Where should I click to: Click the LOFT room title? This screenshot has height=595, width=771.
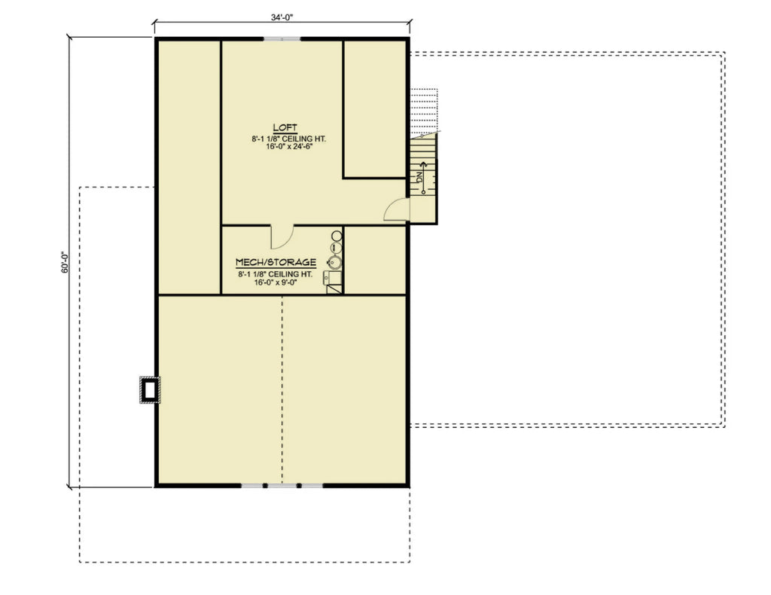click(282, 129)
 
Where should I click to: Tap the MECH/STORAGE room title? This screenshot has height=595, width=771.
click(276, 262)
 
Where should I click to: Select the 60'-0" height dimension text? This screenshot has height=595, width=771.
click(66, 261)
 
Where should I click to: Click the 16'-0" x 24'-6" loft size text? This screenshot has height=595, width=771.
click(282, 148)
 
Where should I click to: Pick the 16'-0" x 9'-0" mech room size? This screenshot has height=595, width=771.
click(276, 284)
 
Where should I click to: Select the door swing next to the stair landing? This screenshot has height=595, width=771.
click(395, 210)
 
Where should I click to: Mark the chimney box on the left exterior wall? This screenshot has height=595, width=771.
click(150, 389)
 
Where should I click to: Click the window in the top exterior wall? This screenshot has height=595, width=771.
click(282, 38)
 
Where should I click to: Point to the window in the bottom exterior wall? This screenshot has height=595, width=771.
click(282, 486)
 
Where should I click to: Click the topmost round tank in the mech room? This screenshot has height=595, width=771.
click(337, 236)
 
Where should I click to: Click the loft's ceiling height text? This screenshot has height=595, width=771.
click(282, 139)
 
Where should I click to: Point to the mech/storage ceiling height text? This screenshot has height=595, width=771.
click(276, 274)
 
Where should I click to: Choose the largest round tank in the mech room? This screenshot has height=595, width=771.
click(334, 262)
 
